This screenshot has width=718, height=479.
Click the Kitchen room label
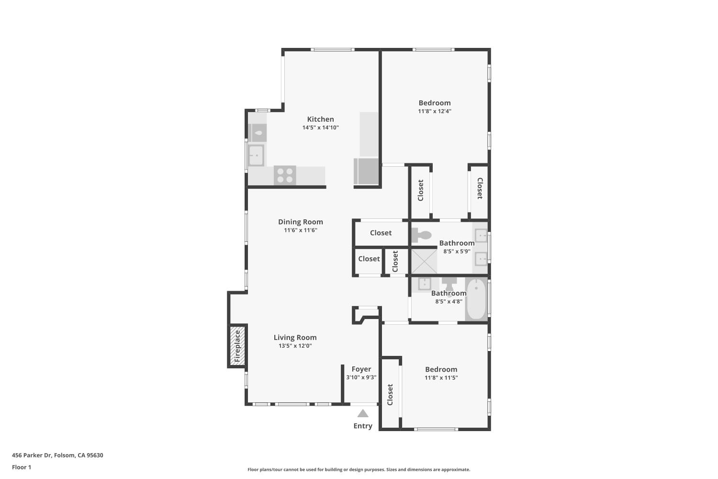pos(320,119)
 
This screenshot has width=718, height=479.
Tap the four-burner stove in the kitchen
pos(285,175)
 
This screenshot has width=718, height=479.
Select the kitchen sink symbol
pos(256,155)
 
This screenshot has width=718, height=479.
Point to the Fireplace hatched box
pos(237,346)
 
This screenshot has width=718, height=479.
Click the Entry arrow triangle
pos(363,413)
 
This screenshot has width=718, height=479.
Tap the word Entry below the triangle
pos(363,426)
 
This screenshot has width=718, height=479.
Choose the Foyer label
pos(361,369)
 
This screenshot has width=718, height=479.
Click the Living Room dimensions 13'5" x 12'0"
pos(295,345)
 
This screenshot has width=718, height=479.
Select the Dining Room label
pos(300,222)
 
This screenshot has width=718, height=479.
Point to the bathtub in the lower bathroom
pos(476,299)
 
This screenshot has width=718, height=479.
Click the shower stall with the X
pos(424,261)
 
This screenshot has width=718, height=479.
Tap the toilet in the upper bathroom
pos(421,235)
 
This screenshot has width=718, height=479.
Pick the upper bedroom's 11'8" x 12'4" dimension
pos(435,111)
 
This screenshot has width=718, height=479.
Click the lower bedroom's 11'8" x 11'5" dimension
pos(441,377)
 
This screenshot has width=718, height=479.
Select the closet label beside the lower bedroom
pos(390,395)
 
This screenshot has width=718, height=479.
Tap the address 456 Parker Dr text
pos(32,455)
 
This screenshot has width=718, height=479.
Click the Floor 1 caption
pos(22,467)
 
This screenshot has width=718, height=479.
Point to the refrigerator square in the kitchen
pos(366,171)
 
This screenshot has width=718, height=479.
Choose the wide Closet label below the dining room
pos(381,233)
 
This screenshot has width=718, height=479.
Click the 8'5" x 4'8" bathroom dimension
pos(449,301)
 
